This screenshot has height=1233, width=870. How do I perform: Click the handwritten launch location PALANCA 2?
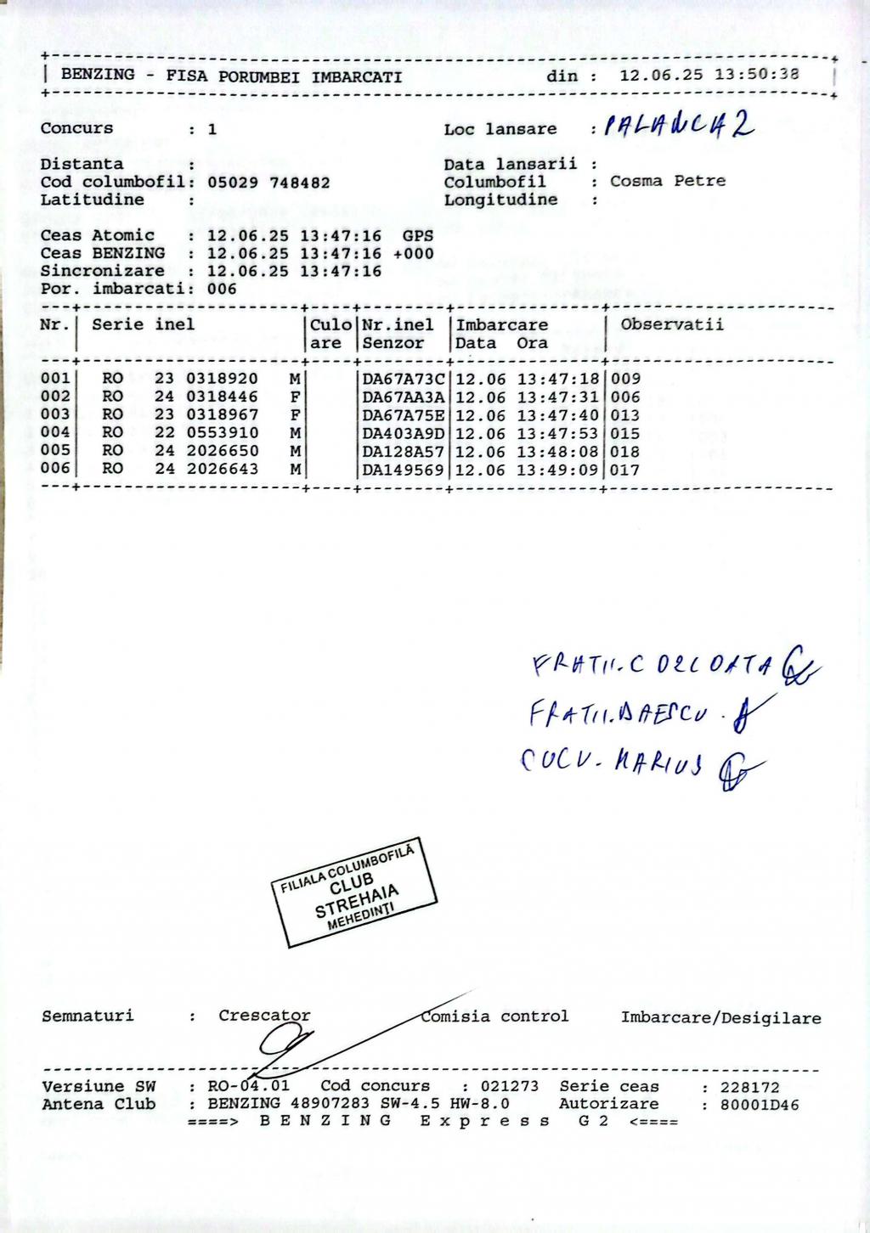[677, 127]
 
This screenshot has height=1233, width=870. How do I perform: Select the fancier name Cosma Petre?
[668, 181]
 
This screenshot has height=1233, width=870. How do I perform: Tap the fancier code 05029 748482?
[268, 182]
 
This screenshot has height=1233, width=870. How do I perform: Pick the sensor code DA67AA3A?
[404, 397]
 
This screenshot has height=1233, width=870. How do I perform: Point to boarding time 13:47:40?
[558, 415]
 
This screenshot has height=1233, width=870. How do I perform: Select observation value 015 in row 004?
[625, 434]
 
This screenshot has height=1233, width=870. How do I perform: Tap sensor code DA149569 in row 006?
[404, 470]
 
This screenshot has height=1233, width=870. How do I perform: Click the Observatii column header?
[672, 324]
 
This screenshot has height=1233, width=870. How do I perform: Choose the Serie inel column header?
[143, 324]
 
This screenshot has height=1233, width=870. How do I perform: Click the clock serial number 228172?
[749, 1087]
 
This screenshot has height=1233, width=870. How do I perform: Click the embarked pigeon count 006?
[222, 289]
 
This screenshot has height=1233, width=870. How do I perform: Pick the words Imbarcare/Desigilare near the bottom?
[720, 1017]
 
